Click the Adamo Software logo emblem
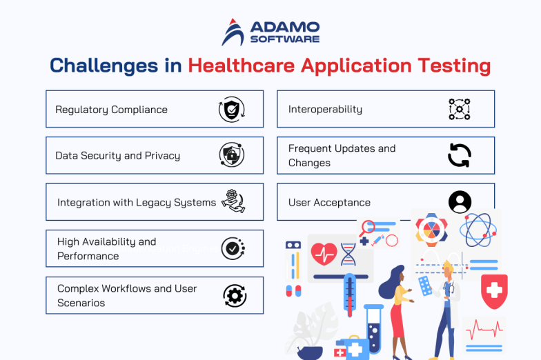pos(233,32)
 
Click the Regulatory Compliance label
pos(111,110)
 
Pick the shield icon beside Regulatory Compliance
pos(232,109)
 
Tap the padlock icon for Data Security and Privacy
pos(232,155)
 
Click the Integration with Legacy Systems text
pos(137,203)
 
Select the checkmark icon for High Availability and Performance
pos(233,248)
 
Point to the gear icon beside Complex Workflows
pos(235,295)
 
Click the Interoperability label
pos(325,110)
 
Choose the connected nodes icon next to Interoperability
pos(459,109)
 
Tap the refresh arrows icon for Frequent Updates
pos(459,155)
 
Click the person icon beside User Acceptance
pos(460,202)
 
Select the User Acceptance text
pos(329,203)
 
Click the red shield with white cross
pos(494,290)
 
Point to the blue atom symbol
pos(478,230)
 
